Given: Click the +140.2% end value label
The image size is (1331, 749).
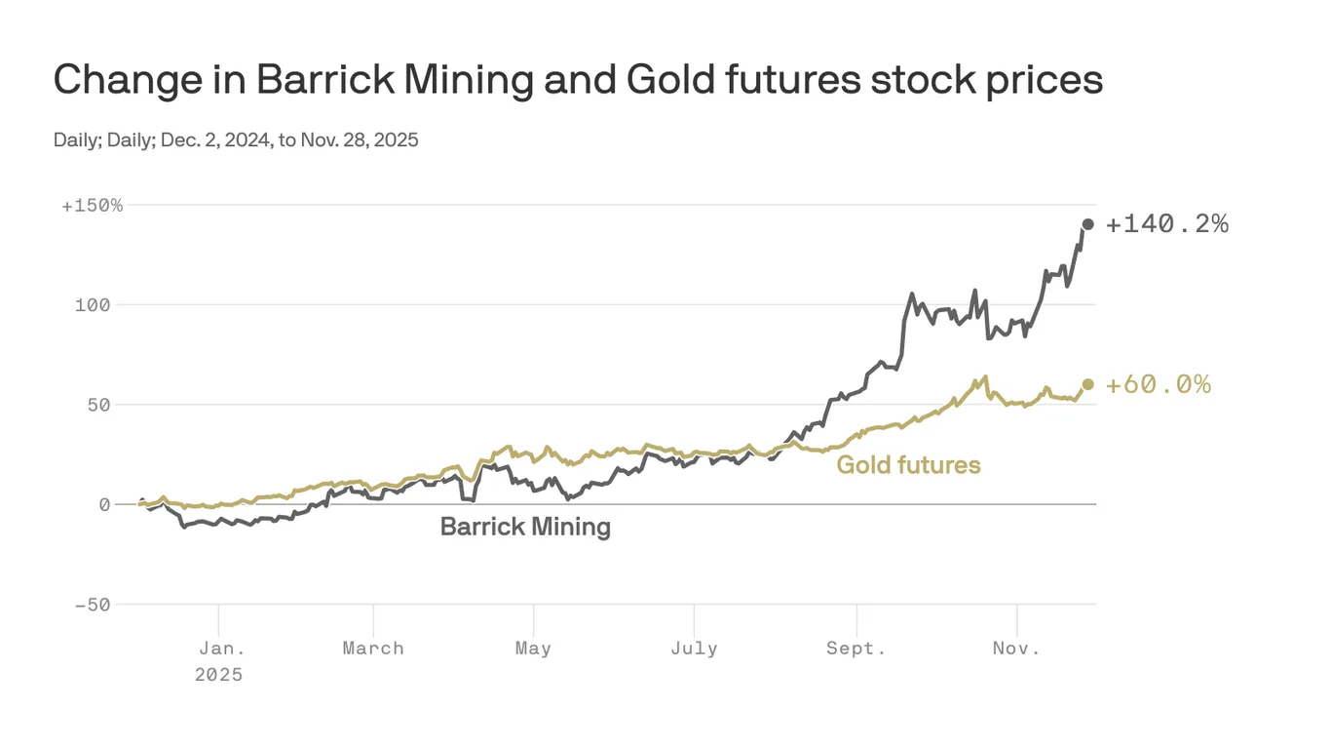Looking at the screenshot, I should (1167, 224).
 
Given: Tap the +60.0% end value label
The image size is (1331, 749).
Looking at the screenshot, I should (1159, 384).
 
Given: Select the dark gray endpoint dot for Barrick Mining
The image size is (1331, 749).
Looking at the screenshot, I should (1088, 224).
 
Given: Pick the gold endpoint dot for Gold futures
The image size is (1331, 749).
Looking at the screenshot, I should (1088, 384).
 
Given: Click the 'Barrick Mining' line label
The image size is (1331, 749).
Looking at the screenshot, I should (525, 528).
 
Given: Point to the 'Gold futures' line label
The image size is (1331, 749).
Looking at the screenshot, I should (908, 465).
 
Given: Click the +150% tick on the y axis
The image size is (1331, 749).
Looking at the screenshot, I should (93, 206).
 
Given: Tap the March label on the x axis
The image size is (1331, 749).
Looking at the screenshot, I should (373, 649).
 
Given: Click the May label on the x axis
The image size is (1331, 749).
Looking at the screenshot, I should (533, 649).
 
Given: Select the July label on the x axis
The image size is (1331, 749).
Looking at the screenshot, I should (694, 649).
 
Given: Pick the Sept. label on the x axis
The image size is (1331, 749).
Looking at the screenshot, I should (856, 649).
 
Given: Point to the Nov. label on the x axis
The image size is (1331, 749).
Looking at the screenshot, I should (1016, 649).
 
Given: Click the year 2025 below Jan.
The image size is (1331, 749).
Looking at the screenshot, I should (218, 674).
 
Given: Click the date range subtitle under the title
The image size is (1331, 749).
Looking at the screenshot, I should (236, 139).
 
